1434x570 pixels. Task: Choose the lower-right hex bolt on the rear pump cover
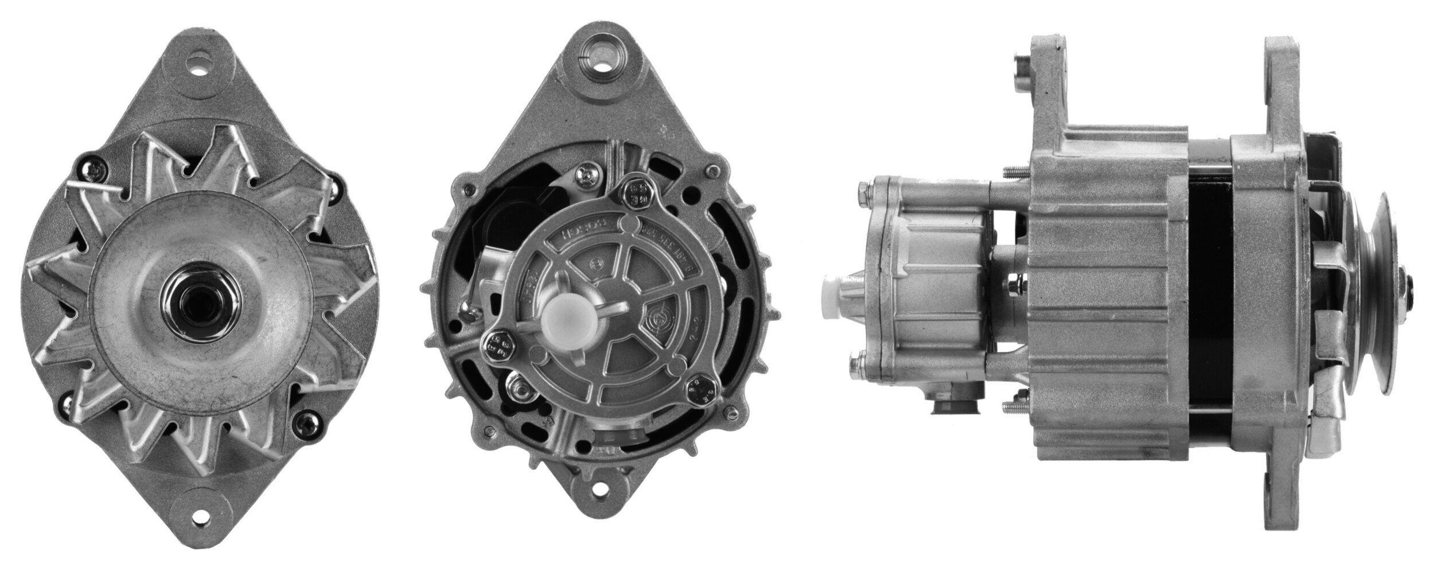pyautogui.click(x=699, y=390)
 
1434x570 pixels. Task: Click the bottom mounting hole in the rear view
pyautogui.click(x=600, y=520)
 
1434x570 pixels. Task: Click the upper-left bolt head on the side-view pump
pyautogui.click(x=862, y=192)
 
